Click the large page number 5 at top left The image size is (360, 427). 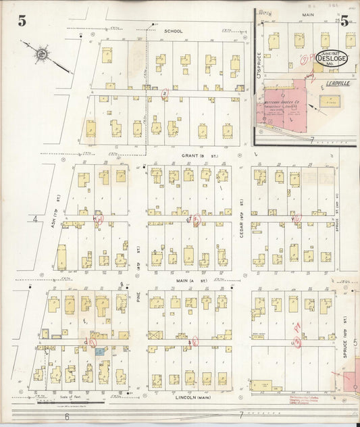point(22,20)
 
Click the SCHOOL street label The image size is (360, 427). point(174,31)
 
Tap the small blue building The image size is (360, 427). point(99,351)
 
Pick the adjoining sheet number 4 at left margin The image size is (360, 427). point(34,219)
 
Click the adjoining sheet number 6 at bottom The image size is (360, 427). point(66,417)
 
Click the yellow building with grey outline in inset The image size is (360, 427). point(330,102)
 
